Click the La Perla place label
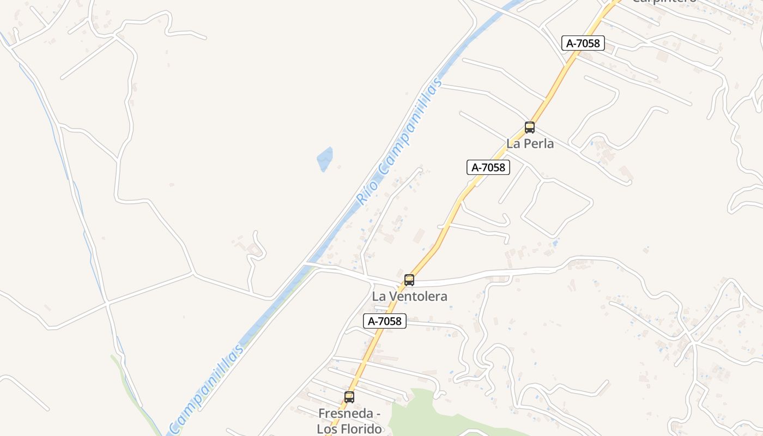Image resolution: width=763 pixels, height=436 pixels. (x=530, y=143)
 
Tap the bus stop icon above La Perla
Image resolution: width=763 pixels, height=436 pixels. (x=529, y=128)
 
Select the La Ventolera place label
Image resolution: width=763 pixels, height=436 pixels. (x=409, y=296)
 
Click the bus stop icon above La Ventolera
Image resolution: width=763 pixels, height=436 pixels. (x=409, y=280)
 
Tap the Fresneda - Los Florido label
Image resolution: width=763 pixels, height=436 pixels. (x=349, y=421)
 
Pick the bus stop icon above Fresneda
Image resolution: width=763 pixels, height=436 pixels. (x=349, y=397)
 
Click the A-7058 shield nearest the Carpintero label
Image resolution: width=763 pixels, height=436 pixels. (x=583, y=43)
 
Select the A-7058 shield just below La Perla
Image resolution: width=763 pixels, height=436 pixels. (x=488, y=167)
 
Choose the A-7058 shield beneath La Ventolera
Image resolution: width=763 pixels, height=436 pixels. (x=384, y=321)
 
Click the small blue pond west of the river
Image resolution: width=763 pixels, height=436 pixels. (x=325, y=158)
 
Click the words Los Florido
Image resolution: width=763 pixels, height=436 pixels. (x=349, y=429)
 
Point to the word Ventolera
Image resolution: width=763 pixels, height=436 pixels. (x=417, y=296)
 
